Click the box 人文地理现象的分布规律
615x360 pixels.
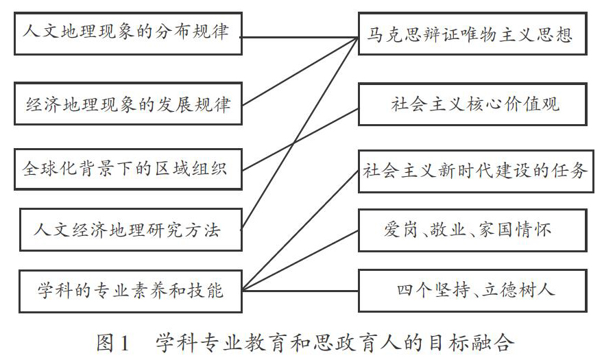(x=128, y=34)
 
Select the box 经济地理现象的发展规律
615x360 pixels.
(x=128, y=104)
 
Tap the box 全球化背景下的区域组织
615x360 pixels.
(x=128, y=169)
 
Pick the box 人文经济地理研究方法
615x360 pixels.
(x=130, y=230)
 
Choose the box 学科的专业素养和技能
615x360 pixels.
(x=130, y=291)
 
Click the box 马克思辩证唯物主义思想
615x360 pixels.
(x=472, y=34)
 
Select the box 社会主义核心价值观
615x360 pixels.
(x=472, y=104)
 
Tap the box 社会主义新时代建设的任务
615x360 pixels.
(x=476, y=171)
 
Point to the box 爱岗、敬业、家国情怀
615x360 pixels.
(x=472, y=230)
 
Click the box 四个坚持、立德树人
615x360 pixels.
(x=472, y=291)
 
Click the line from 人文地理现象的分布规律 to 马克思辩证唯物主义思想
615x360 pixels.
(x=299, y=37)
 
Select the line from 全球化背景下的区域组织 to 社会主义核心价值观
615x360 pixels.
(x=300, y=140)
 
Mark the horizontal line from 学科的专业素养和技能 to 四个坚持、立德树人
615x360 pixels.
(x=300, y=291)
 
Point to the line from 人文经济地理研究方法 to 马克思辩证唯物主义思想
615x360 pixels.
(x=299, y=133)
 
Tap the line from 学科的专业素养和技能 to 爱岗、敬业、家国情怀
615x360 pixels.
(x=300, y=261)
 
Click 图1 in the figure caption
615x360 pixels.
(x=113, y=343)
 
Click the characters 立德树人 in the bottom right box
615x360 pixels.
(x=518, y=290)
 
